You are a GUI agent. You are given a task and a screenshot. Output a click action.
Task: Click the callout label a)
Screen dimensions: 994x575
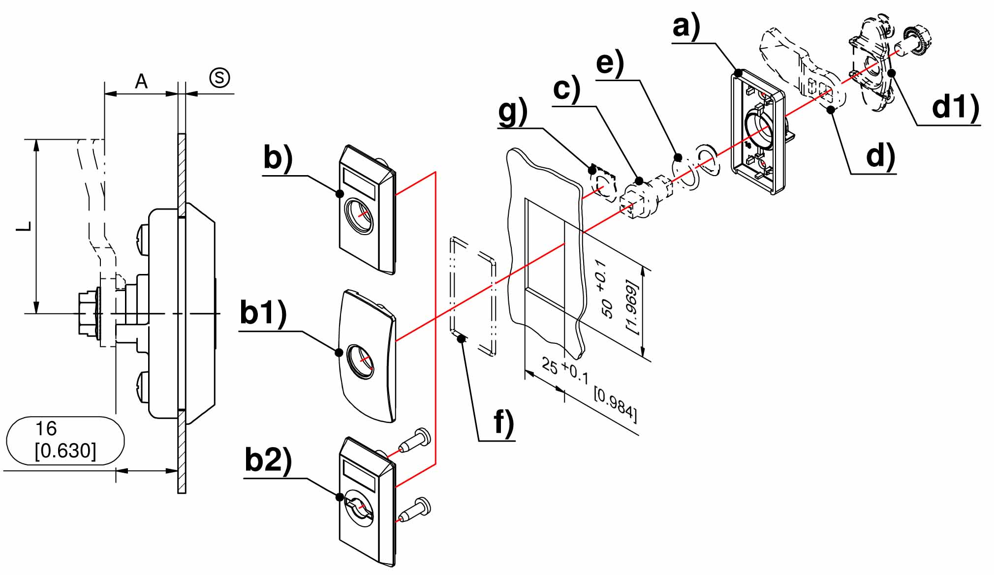click(x=686, y=27)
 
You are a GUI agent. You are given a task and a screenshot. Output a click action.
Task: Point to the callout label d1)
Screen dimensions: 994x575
click(x=955, y=107)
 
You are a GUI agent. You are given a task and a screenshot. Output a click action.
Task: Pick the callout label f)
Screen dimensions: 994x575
click(x=504, y=422)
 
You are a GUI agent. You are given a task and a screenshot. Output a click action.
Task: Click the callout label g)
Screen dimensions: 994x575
click(x=512, y=112)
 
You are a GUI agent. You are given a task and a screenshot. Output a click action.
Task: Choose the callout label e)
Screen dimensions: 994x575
click(x=610, y=64)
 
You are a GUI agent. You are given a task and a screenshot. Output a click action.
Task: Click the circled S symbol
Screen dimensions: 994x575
click(x=219, y=78)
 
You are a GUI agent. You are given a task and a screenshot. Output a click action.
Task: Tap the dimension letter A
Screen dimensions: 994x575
click(x=141, y=81)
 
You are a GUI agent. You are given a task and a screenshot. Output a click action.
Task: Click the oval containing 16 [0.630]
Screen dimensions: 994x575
click(x=65, y=440)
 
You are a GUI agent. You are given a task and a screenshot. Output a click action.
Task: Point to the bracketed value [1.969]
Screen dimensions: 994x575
click(x=631, y=307)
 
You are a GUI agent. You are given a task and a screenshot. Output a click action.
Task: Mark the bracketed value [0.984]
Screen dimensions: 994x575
click(x=616, y=405)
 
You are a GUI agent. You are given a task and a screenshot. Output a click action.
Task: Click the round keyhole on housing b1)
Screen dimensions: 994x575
click(x=360, y=362)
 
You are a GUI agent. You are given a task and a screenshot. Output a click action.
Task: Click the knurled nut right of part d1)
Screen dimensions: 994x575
click(x=916, y=41)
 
